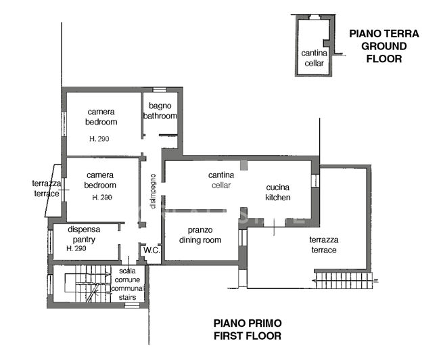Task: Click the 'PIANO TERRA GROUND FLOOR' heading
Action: pyautogui.click(x=383, y=46)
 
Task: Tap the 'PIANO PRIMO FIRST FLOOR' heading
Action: pyautogui.click(x=248, y=329)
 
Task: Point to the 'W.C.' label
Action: pyautogui.click(x=150, y=250)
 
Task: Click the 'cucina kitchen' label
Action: pyautogui.click(x=278, y=192)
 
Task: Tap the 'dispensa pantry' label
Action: pyautogui.click(x=85, y=235)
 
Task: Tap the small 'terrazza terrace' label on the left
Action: pyautogui.click(x=47, y=188)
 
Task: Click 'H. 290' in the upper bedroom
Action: pyautogui.click(x=100, y=139)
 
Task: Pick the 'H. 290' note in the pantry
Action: pyautogui.click(x=77, y=249)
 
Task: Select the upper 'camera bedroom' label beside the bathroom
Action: pyautogui.click(x=101, y=117)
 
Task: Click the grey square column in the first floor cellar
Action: pyautogui.click(x=243, y=165)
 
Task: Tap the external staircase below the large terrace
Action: pyautogui.click(x=343, y=278)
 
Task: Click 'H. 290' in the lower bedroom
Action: pyautogui.click(x=102, y=197)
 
